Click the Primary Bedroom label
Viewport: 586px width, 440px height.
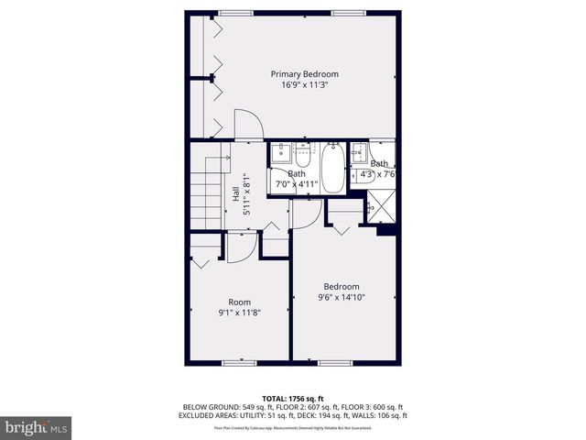[304, 74]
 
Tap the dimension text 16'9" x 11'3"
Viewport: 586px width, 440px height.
[304, 85]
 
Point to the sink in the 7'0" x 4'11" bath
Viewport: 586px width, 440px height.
[280, 153]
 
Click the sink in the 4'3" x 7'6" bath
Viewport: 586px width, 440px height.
[360, 153]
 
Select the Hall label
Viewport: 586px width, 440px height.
[235, 193]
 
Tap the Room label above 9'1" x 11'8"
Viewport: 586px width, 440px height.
[239, 302]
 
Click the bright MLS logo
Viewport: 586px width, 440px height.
[37, 427]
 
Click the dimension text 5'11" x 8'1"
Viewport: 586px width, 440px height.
[245, 193]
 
